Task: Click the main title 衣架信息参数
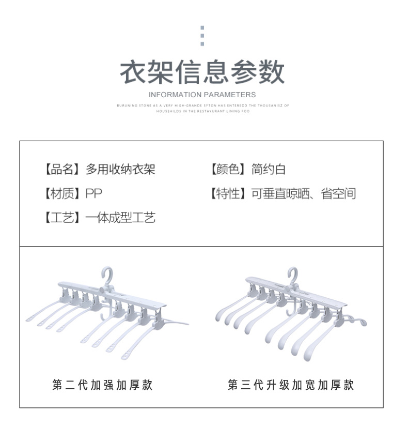[x=202, y=72]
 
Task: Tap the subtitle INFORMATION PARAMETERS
[x=202, y=95]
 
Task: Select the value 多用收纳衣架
[x=120, y=169]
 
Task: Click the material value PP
[x=94, y=194]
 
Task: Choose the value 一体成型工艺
[x=120, y=218]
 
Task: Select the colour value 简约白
[x=269, y=169]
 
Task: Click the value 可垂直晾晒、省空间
[x=304, y=194]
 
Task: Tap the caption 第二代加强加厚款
[x=103, y=385]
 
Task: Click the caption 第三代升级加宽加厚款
[x=291, y=385]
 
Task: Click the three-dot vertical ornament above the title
[x=202, y=36]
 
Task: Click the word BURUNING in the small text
[x=125, y=105]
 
